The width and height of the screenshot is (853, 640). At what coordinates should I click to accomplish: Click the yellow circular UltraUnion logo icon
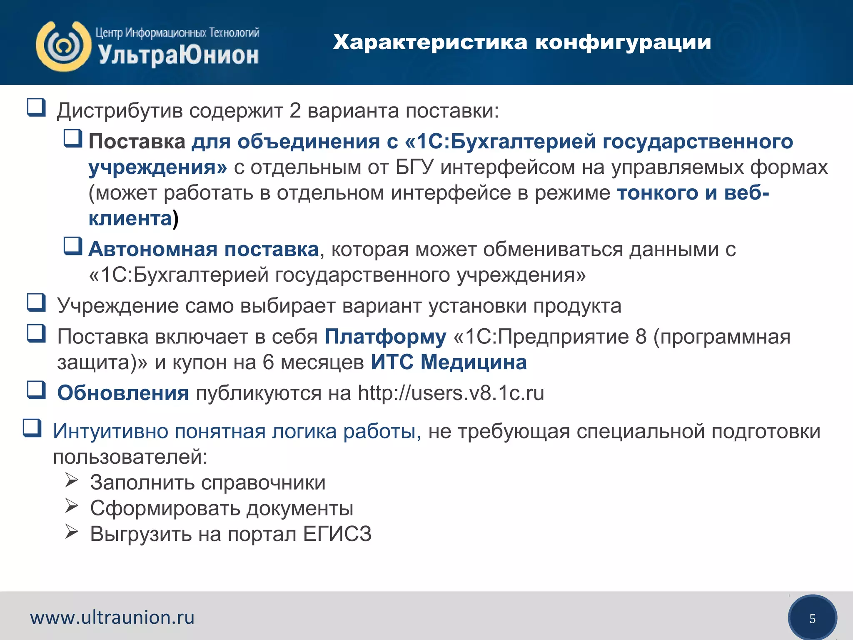[63, 46]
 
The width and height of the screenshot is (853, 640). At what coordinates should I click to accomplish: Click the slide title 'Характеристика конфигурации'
[521, 42]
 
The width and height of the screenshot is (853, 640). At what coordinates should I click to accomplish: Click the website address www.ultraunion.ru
[112, 617]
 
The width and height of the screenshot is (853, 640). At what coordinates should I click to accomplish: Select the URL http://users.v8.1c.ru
[451, 393]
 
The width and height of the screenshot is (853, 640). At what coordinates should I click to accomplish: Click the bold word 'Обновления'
[123, 393]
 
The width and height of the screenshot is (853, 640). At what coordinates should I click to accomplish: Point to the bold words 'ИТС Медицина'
[449, 362]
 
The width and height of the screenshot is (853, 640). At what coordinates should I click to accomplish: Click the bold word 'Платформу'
[385, 336]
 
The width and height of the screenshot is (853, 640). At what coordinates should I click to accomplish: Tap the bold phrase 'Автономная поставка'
[204, 249]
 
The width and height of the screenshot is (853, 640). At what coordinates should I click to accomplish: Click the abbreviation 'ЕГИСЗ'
[337, 534]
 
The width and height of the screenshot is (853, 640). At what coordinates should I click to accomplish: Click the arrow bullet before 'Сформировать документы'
[72, 506]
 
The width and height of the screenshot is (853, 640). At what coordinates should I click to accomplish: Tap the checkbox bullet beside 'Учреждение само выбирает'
[36, 303]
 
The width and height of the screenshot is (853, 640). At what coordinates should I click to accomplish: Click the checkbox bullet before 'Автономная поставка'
[73, 246]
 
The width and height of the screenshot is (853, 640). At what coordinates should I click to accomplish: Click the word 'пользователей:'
[130, 457]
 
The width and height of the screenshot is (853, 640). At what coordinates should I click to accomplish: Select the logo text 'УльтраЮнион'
[178, 55]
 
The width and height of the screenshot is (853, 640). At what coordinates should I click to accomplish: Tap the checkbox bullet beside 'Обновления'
[36, 390]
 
